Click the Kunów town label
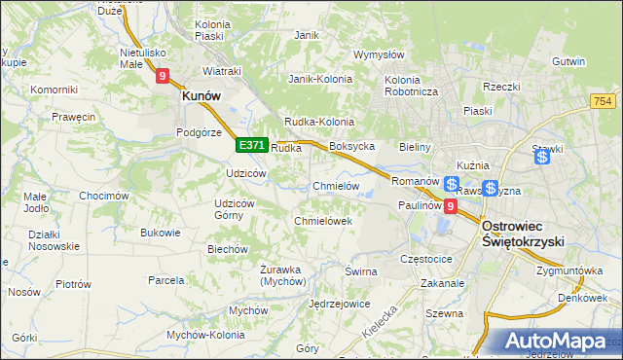pos(202,96)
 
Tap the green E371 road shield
pos(251,145)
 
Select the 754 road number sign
pos(602,101)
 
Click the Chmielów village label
pos(336,186)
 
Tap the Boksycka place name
pos(352,147)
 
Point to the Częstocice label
pos(426,260)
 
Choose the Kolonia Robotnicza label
pos(413,86)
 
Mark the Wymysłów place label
pos(379,54)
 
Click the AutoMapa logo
pos(553,342)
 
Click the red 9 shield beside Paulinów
pos(450,206)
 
